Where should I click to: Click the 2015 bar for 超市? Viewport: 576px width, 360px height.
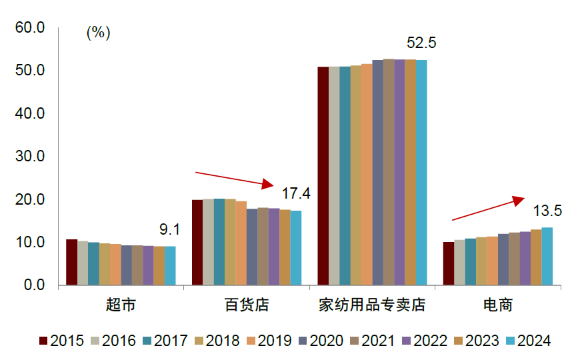coord(71,262)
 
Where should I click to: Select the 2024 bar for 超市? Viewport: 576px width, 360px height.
coord(170,265)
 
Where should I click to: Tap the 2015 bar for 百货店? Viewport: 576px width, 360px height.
coord(197,242)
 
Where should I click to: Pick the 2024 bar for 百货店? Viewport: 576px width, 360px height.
coord(295,248)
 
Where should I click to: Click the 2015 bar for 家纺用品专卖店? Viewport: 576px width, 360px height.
coord(323,176)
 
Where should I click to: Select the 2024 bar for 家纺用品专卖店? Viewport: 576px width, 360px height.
coord(421,173)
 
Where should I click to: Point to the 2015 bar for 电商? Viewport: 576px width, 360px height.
coord(449,263)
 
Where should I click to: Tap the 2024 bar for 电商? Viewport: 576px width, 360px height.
coord(547,256)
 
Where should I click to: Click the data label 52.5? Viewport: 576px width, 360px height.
coord(421,43)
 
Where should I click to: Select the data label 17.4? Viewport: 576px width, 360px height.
coord(296,194)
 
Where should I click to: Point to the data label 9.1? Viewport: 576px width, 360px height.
coord(169,230)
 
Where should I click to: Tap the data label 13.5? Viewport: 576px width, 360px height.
coord(547,211)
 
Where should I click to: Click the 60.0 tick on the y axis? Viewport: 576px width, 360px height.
coord(29,28)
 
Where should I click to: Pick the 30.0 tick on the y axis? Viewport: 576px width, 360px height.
coord(29,157)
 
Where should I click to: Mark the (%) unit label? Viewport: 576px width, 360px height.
coord(98,33)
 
